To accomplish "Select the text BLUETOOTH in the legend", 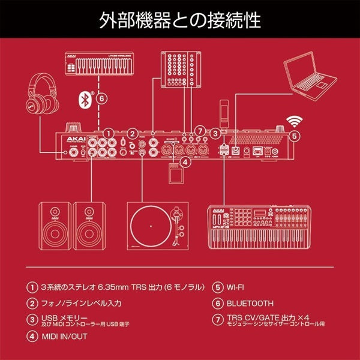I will click(x=250, y=304).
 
